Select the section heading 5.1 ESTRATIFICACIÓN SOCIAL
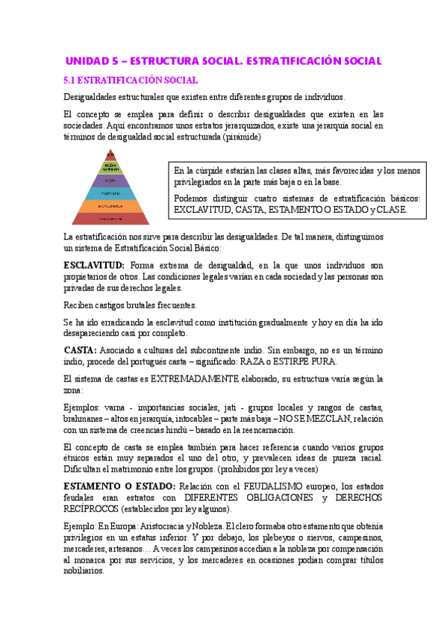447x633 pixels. [x=131, y=80]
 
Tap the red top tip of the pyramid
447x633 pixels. [x=110, y=153]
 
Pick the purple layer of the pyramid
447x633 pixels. [x=110, y=180]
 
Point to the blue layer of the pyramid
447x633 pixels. [x=110, y=193]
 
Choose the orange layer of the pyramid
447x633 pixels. [x=110, y=205]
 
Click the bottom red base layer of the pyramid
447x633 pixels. [x=110, y=218]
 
